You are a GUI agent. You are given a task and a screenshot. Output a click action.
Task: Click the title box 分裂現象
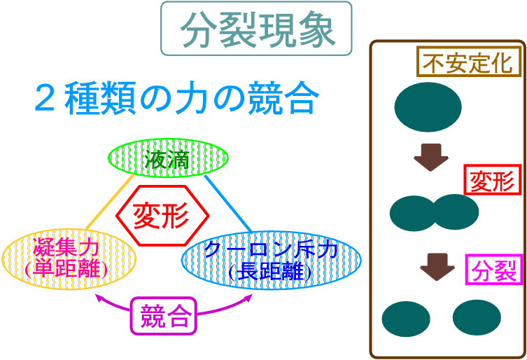pos(256,29)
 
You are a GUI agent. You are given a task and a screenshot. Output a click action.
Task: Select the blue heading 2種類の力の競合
pos(177,97)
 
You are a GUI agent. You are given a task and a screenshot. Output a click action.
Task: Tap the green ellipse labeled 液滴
pos(168,158)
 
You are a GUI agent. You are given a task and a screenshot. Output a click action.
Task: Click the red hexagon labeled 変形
pos(162,215)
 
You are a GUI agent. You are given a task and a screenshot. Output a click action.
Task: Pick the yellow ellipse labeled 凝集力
pos(69,259)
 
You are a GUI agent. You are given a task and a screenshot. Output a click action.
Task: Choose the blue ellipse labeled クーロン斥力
pos(272,261)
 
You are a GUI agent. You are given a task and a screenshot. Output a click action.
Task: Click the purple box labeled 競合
pos(163,316)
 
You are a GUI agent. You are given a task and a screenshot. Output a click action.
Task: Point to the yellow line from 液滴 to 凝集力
pos(111,202)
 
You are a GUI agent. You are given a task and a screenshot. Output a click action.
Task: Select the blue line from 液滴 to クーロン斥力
pos(228,204)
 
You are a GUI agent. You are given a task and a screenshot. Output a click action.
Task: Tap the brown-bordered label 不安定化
pos(468,62)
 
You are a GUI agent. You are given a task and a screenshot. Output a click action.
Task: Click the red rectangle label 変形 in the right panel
pos(493,180)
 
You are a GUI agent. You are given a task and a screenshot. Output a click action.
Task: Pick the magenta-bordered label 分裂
pos(494,270)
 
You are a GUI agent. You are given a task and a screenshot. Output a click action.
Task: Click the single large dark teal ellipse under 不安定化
pos(428,107)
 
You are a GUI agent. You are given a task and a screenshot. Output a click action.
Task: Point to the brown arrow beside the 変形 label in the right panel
pos(431,158)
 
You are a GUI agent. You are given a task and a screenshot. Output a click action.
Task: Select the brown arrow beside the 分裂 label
pos(437,267)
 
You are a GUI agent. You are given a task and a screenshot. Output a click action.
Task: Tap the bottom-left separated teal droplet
pos(406,319)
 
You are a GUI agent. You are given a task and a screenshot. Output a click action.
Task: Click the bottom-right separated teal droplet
pos(477,317)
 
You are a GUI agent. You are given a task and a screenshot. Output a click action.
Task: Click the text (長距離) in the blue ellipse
pos(271,272)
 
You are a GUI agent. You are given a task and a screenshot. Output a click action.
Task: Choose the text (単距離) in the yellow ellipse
pos(66,269)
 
